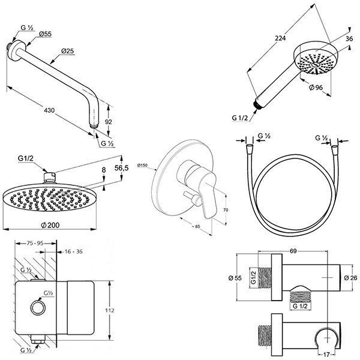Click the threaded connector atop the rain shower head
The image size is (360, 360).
tap(50, 176)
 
